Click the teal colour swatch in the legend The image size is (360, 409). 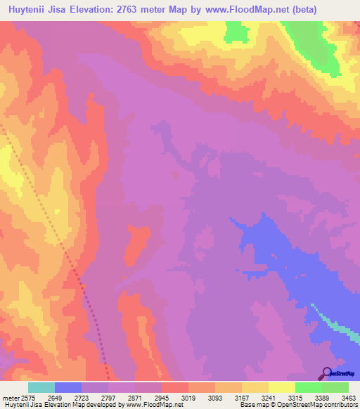41,387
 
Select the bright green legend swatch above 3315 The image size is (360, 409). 308,387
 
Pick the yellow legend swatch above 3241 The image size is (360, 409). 255,387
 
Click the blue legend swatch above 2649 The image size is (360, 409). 68,387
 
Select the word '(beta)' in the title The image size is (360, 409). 304,10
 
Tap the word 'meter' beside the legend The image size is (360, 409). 11,397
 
